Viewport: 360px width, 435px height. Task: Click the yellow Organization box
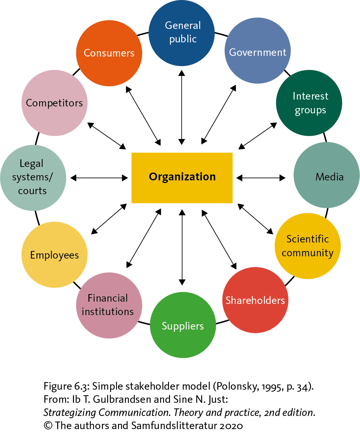(x=182, y=178)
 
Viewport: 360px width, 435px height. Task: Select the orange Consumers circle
(x=109, y=53)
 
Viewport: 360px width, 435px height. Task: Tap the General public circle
(x=182, y=33)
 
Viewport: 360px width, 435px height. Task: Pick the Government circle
(x=258, y=51)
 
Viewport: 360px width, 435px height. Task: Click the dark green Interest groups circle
(x=309, y=103)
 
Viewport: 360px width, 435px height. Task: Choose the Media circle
(x=326, y=175)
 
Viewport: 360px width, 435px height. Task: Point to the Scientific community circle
(x=307, y=246)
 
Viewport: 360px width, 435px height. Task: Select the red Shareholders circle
(x=255, y=300)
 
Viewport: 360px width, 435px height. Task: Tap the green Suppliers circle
(x=183, y=325)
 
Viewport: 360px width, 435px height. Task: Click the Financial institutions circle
(x=109, y=305)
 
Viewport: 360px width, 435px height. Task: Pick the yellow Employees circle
(x=55, y=255)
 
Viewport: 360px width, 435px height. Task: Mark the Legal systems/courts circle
(x=33, y=178)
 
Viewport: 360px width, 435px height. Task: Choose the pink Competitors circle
(x=55, y=103)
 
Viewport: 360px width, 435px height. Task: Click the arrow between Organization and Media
(x=261, y=178)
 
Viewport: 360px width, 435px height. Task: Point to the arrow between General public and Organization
(x=181, y=107)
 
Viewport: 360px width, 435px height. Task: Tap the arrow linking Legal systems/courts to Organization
(x=99, y=178)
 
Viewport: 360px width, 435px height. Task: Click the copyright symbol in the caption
(x=48, y=426)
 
